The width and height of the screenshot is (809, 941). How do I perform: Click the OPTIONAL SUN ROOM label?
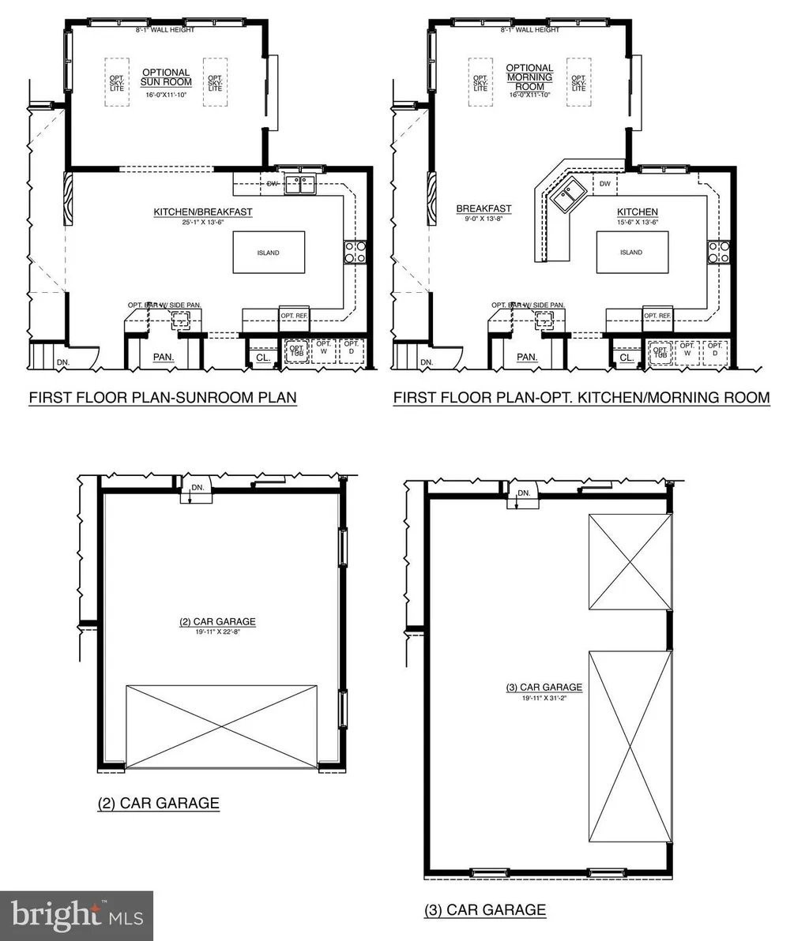167,77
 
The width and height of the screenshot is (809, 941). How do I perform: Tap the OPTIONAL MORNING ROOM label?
529,77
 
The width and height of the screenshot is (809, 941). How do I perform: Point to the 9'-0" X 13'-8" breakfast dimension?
484,219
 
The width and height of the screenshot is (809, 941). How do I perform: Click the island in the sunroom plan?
269,253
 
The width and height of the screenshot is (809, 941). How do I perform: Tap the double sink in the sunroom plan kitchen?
301,184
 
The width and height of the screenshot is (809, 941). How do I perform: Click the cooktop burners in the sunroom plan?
355,252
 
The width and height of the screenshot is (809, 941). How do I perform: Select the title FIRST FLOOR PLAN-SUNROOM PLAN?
163,397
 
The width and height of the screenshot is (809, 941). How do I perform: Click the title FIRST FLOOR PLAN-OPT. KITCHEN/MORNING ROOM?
581,397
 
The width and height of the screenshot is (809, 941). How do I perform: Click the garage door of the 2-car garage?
222,726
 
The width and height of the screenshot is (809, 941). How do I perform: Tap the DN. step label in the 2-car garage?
198,488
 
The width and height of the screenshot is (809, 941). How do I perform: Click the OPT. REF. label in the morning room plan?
657,316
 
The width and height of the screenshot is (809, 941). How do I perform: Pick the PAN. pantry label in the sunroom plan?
164,358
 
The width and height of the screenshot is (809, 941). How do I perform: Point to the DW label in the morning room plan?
605,184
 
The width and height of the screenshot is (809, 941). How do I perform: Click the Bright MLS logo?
77,916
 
